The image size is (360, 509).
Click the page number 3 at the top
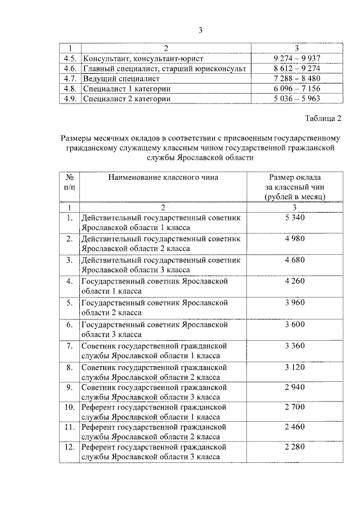tap(200, 30)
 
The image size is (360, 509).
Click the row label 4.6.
tap(70, 68)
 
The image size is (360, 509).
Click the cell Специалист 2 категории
tap(127, 98)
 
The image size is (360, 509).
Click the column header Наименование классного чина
tap(163, 177)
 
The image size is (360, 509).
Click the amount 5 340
tap(295, 218)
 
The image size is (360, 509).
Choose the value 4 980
tap(295, 238)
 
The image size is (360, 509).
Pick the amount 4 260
tap(295, 281)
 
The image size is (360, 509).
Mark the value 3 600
tap(295, 324)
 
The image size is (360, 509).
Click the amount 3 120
tap(295, 367)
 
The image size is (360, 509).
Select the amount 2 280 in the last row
tap(295, 447)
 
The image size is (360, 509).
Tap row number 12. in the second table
tap(69, 447)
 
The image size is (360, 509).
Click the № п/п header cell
tap(69, 182)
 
